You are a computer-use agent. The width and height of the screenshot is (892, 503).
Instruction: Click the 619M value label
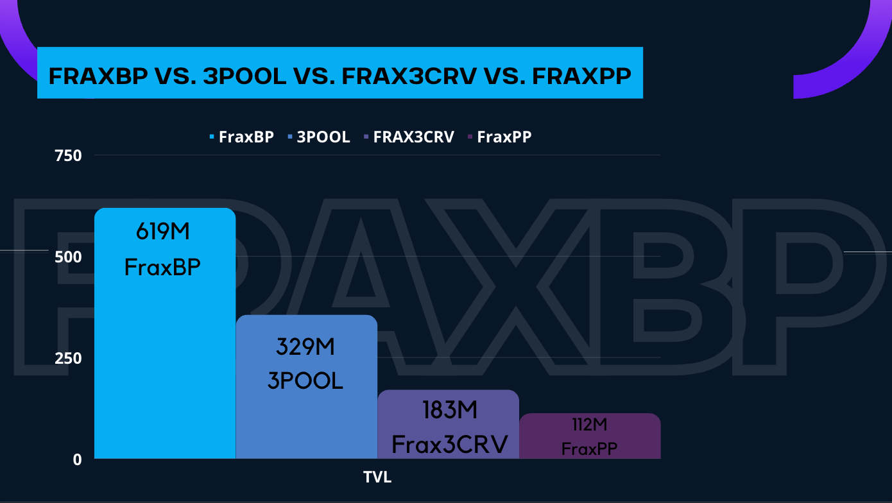point(163,232)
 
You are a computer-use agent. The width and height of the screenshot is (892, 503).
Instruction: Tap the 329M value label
point(305,346)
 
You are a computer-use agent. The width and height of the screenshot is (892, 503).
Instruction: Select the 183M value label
point(450,410)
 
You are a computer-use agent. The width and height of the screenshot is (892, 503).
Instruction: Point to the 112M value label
point(590,425)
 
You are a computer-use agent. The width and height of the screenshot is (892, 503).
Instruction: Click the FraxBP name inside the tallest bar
point(162,267)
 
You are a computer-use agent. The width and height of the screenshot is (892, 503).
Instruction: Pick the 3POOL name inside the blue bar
point(305,380)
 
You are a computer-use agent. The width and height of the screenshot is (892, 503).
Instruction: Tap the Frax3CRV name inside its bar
point(450,445)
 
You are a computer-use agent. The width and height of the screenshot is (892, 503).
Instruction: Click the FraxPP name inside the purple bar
point(589,449)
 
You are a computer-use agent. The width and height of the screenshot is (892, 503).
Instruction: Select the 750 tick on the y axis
point(68,156)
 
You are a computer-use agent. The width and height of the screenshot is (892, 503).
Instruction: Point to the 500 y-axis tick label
point(68,257)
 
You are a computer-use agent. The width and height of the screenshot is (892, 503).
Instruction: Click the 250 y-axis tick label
point(68,359)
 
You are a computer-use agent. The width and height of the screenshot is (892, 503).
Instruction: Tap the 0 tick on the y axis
point(77,460)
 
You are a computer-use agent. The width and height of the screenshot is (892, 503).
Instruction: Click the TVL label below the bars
point(377,477)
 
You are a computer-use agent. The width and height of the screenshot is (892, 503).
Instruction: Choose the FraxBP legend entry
point(242,137)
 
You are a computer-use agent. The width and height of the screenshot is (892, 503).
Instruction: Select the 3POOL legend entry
point(318,137)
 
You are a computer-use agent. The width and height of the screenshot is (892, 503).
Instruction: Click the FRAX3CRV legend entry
point(409,137)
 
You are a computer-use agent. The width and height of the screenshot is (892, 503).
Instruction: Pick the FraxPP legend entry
point(500,137)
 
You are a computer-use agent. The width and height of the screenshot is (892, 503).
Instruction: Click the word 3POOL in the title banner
point(244,76)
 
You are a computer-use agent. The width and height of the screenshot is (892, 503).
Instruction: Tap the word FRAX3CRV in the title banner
point(409,76)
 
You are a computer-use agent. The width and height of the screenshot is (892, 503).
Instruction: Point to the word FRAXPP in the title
point(581,76)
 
